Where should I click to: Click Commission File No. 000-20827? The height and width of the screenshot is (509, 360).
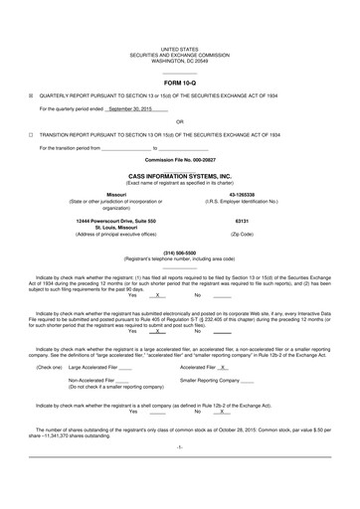tap(180, 159)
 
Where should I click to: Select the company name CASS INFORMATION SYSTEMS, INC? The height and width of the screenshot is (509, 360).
tap(180, 175)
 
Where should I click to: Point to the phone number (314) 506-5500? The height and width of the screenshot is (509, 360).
tap(180, 253)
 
